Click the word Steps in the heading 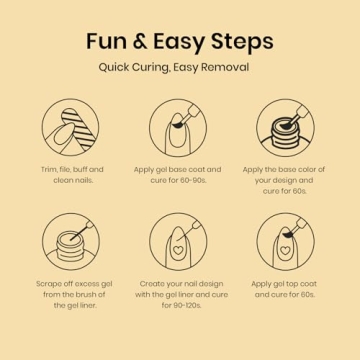[x=242, y=42]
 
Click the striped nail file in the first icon [x=79, y=128]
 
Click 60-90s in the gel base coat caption [x=193, y=180]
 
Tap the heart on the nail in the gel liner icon [x=178, y=250]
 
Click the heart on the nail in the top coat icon [x=285, y=250]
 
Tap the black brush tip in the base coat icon [x=178, y=124]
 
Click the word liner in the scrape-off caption [x=88, y=305]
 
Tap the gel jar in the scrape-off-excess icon [x=71, y=246]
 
